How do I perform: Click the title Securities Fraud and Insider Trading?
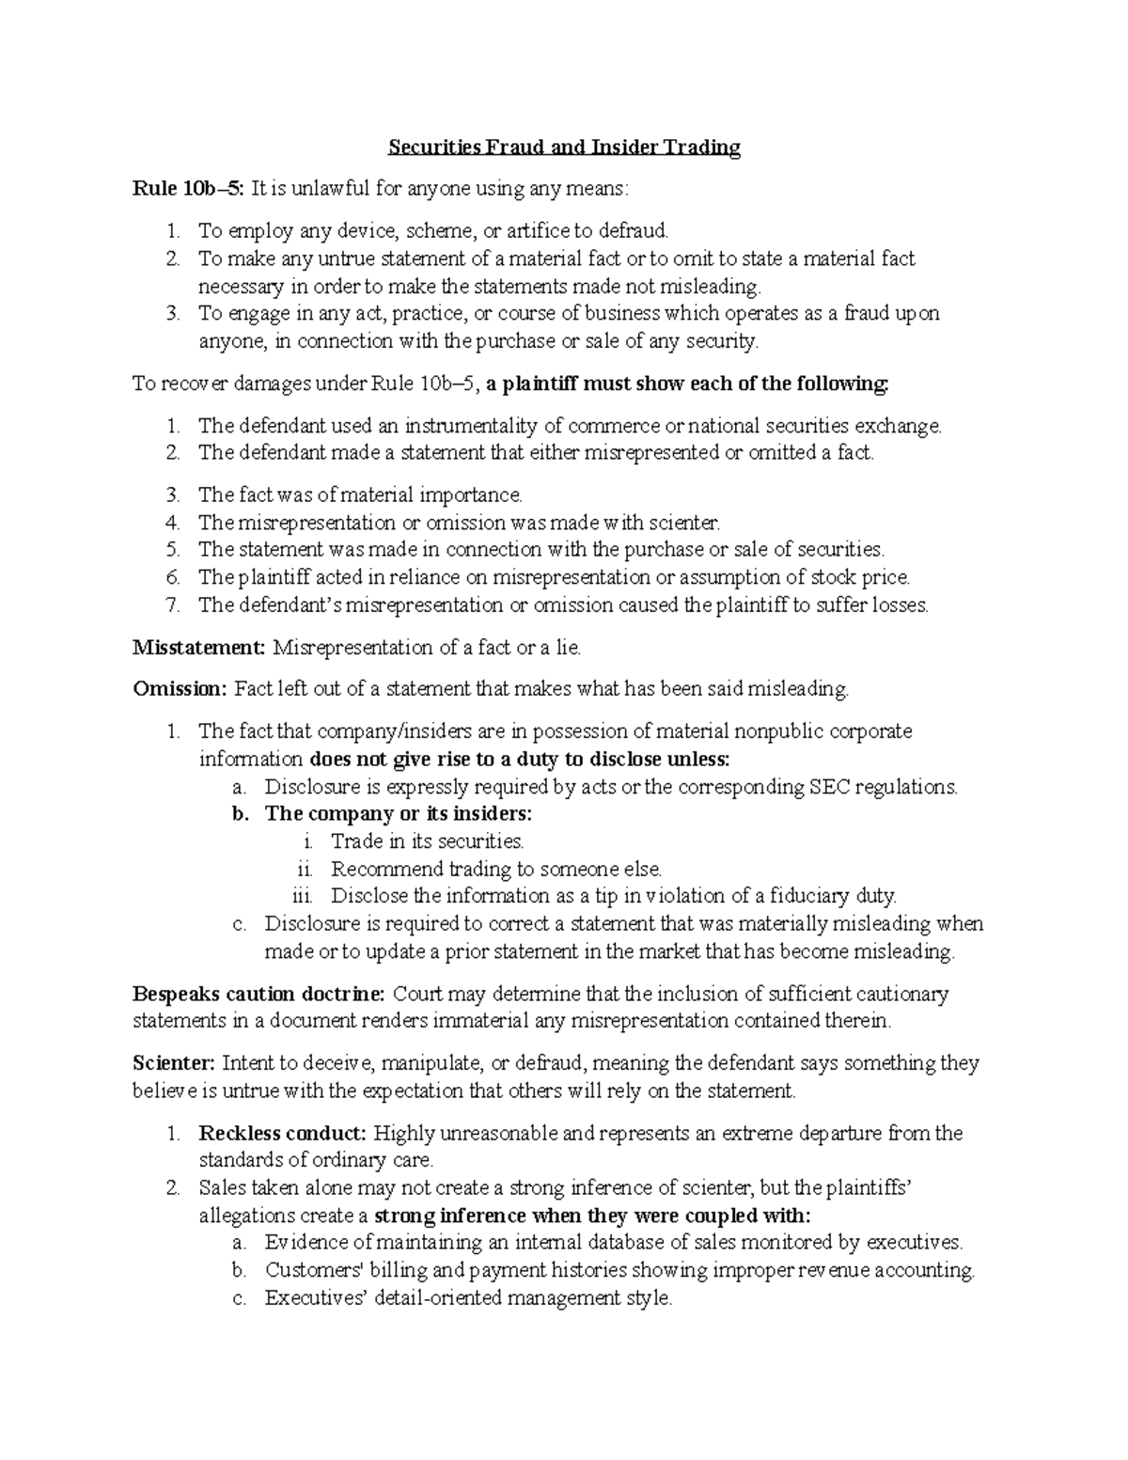tap(565, 148)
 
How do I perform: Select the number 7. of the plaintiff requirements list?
tap(173, 605)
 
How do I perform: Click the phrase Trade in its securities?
tap(427, 841)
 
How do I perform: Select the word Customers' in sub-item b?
tap(307, 1270)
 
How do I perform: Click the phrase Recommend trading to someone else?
tap(496, 869)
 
